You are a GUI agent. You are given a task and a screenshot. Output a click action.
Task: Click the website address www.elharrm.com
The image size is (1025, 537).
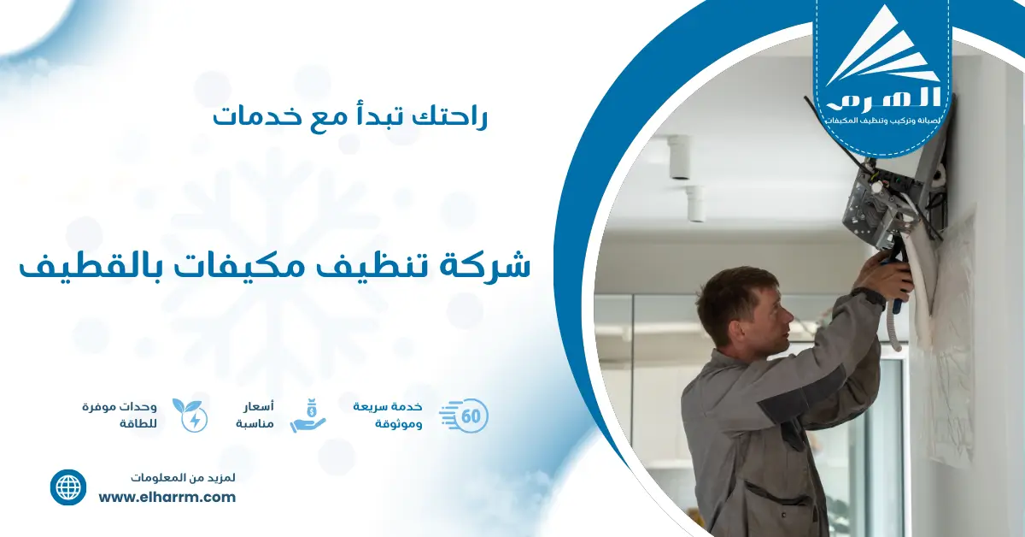click(167, 498)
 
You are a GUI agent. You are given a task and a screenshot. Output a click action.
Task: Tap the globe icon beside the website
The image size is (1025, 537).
click(68, 487)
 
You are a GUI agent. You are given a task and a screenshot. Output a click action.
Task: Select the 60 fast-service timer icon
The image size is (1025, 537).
click(465, 416)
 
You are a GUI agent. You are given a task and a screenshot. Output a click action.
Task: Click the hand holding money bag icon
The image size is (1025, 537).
click(308, 416)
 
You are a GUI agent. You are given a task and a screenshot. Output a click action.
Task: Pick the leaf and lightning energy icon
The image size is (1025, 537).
click(190, 416)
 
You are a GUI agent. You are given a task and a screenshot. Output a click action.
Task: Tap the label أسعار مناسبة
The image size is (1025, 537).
click(255, 415)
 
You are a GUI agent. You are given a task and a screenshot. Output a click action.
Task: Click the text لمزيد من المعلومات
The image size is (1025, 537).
click(184, 476)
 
